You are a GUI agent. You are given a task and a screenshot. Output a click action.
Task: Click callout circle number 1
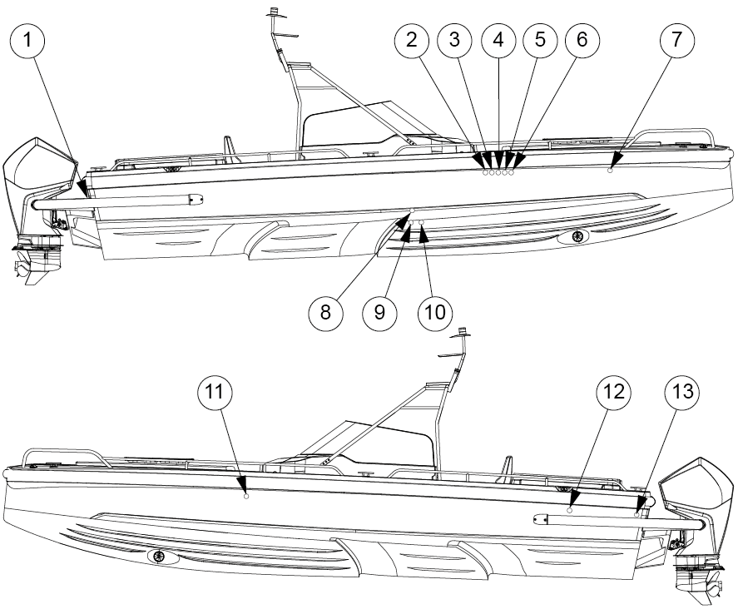click(x=27, y=41)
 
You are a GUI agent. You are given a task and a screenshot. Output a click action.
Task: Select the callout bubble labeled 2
click(x=412, y=41)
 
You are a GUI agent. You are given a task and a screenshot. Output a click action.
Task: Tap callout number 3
click(x=454, y=41)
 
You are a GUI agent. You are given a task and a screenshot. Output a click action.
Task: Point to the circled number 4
click(x=498, y=41)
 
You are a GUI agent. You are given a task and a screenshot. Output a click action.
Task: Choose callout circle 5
click(x=540, y=41)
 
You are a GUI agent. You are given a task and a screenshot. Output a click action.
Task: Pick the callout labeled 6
click(x=582, y=41)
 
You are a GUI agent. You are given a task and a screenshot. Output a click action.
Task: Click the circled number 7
click(x=676, y=41)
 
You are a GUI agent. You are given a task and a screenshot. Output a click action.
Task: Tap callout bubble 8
click(x=325, y=313)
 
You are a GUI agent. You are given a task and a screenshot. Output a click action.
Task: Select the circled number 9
click(x=380, y=313)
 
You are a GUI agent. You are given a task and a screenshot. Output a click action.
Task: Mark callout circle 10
click(x=435, y=313)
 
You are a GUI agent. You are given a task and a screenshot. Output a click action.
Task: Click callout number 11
click(x=215, y=393)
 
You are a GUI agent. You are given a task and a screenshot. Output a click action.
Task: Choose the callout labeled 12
click(x=613, y=393)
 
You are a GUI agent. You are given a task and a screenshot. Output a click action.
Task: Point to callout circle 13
click(x=682, y=393)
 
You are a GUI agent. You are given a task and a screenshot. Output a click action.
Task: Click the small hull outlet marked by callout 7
click(x=611, y=171)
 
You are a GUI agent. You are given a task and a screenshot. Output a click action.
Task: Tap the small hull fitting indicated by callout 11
click(x=246, y=496)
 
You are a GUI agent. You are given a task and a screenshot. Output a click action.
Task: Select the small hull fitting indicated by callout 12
click(x=570, y=510)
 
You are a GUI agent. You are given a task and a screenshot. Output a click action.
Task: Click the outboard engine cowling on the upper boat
click(x=40, y=171)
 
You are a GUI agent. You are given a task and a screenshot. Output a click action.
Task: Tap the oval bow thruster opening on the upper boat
click(x=575, y=237)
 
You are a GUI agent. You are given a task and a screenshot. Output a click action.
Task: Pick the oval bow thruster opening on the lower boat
click(x=161, y=557)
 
